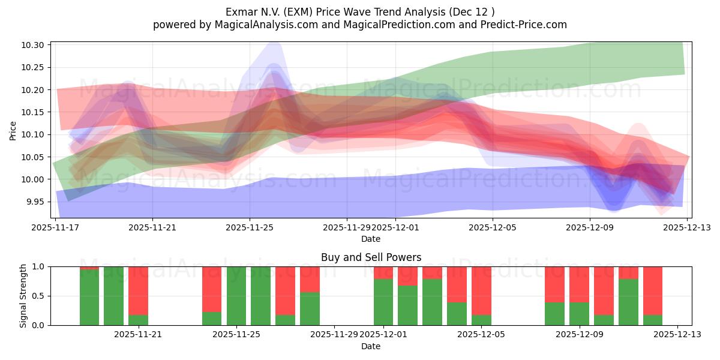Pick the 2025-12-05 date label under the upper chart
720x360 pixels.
tap(493, 227)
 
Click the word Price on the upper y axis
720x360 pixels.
tap(13, 130)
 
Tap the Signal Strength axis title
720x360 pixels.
tap(23, 296)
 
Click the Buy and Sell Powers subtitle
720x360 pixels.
tap(371, 257)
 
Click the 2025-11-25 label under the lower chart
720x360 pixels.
tap(236, 334)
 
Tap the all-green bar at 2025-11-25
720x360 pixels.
tap(236, 296)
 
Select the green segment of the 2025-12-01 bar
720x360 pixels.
tap(383, 302)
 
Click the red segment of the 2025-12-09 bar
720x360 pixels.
tap(579, 284)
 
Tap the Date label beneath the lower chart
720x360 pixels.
tap(371, 346)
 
